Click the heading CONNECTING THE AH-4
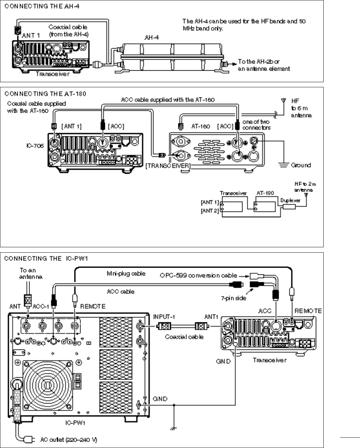[x=42, y=6]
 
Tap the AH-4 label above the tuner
[x=151, y=37]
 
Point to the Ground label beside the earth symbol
[x=301, y=165]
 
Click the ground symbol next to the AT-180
[x=284, y=165]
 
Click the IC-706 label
[x=35, y=146]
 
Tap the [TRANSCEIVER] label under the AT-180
[x=168, y=166]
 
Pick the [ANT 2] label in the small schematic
[x=210, y=211]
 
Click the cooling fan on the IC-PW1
[x=48, y=385]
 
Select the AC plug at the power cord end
[x=29, y=440]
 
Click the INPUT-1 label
[x=164, y=317]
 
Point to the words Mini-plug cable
[x=126, y=273]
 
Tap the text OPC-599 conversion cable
[x=198, y=275]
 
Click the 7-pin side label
[x=233, y=298]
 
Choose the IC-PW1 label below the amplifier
[x=75, y=423]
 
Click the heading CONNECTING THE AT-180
[x=45, y=94]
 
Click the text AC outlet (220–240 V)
[x=69, y=440]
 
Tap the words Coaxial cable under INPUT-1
[x=184, y=337]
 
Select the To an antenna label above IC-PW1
[x=31, y=273]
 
